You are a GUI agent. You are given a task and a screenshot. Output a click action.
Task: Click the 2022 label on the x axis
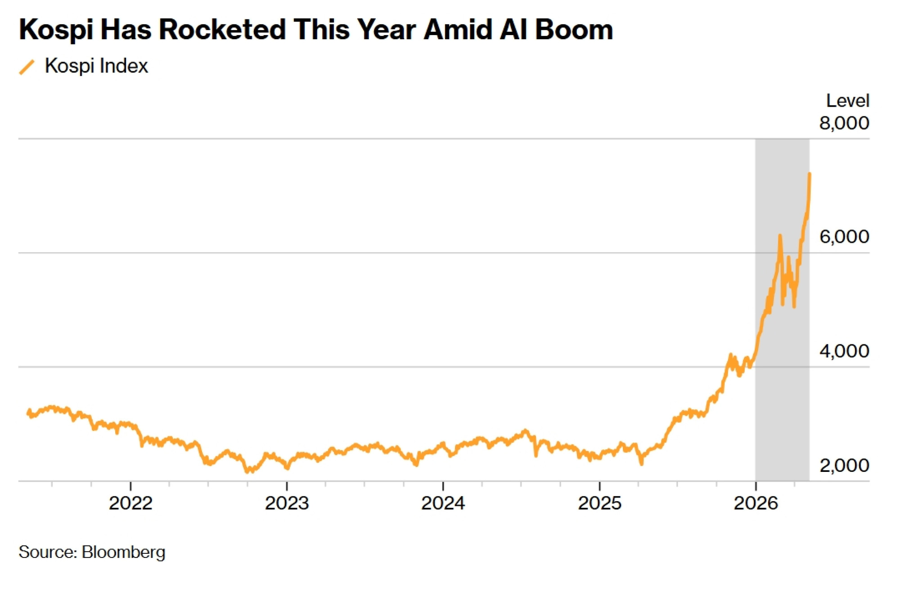[130, 503]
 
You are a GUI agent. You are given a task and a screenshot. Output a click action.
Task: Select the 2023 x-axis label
[287, 503]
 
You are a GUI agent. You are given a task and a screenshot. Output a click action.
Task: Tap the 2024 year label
[443, 503]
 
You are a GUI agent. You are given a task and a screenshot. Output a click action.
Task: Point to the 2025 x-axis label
[599, 503]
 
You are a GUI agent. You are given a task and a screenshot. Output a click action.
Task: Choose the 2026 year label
[756, 503]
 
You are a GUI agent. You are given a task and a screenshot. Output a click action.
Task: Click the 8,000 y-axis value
[844, 123]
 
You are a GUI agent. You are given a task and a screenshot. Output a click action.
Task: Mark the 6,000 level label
[844, 237]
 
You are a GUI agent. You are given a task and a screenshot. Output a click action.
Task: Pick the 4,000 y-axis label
[844, 351]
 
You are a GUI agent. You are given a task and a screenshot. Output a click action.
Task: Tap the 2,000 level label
[844, 465]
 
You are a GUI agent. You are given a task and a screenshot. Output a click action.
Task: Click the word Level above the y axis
[848, 100]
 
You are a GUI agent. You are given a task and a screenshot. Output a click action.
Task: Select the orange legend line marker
[27, 67]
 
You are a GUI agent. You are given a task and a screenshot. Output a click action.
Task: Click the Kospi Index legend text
[96, 66]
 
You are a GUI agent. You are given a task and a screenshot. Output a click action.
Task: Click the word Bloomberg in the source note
[123, 552]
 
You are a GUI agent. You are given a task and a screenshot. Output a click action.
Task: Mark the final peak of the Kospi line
[810, 173]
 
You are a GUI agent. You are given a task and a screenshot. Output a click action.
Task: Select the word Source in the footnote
[48, 552]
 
